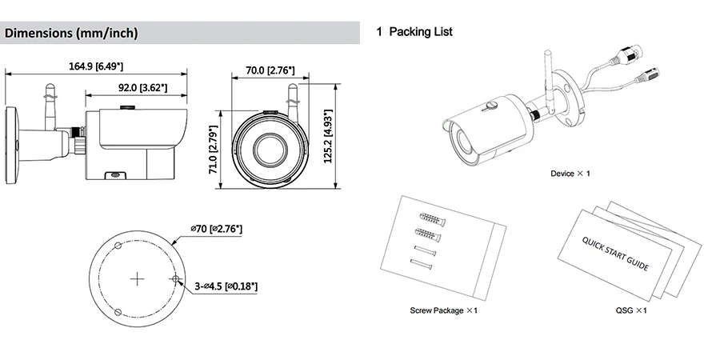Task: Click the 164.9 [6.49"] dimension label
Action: [x=96, y=66]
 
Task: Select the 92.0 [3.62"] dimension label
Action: [x=143, y=87]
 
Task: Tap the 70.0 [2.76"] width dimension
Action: [x=270, y=70]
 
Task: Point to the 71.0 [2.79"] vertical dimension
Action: [x=213, y=150]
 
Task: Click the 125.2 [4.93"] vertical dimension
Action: [x=328, y=136]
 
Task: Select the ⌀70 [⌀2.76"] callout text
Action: [x=216, y=229]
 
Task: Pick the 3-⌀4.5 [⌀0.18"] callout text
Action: [x=226, y=286]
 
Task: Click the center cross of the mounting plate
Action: [x=137, y=279]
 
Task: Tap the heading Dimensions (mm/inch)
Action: [x=71, y=33]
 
